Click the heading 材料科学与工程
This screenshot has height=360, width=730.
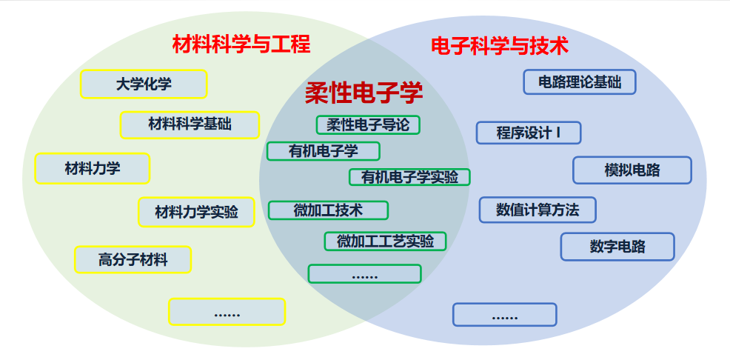click(241, 44)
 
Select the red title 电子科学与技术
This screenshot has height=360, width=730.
click(500, 46)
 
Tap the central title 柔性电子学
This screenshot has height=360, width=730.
click(364, 93)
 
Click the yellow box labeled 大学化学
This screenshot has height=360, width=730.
click(144, 84)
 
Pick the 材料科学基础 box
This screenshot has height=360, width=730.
click(190, 124)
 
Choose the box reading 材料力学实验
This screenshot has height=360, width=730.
click(196, 213)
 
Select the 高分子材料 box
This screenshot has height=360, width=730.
click(133, 260)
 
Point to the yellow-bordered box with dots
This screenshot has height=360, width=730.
click(227, 312)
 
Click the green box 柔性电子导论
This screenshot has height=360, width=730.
click(368, 125)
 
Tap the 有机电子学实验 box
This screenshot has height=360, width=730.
click(409, 178)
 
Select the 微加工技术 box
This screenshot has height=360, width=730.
click(328, 210)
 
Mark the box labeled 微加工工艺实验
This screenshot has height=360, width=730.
click(385, 241)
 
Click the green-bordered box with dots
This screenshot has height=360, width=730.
click(364, 274)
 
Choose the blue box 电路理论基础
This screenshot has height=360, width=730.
click(580, 81)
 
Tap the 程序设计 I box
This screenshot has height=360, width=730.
click(529, 133)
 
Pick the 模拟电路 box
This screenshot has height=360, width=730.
click(632, 170)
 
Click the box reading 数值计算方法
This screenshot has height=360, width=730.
click(538, 210)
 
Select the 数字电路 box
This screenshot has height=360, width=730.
click(617, 247)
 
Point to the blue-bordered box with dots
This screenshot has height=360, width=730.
click(504, 315)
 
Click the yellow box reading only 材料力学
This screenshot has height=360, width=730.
click(93, 169)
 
